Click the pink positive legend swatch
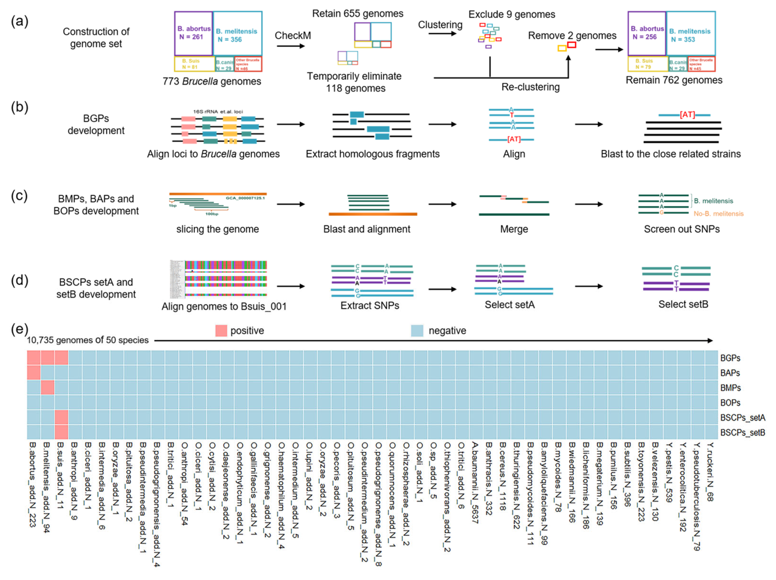221,331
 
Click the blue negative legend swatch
417,331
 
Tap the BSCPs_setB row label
742,433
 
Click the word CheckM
293,35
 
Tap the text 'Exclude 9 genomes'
512,14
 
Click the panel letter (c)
19,196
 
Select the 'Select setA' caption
509,305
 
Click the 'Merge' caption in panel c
514,229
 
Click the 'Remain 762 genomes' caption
674,80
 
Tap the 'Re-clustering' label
530,87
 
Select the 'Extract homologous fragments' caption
372,154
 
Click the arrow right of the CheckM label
291,46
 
